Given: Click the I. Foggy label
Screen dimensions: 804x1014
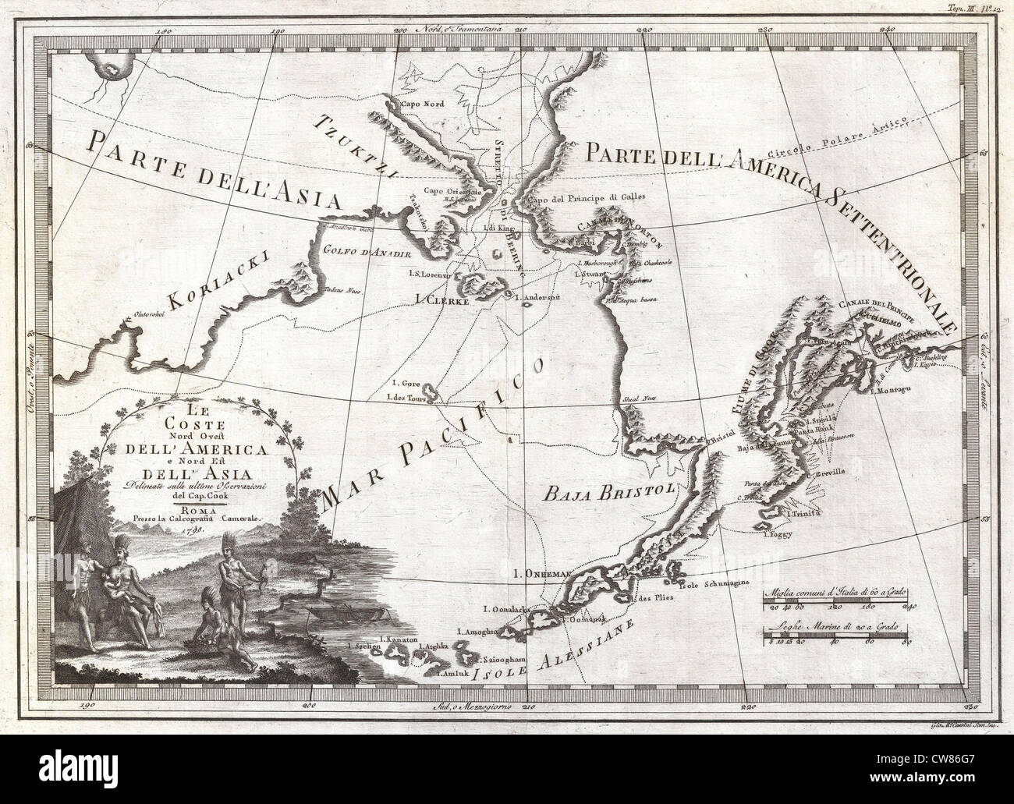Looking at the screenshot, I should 776,534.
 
